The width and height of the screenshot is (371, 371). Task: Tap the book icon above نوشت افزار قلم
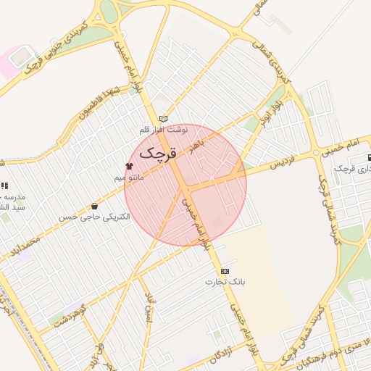(163, 119)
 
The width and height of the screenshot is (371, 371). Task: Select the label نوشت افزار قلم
(164, 130)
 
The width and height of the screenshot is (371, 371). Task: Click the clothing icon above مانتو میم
(129, 166)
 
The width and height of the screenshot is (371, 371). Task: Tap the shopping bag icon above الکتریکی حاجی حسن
(94, 206)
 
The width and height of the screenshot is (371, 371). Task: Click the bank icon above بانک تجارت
(224, 270)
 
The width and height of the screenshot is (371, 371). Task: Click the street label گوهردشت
(70, 317)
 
